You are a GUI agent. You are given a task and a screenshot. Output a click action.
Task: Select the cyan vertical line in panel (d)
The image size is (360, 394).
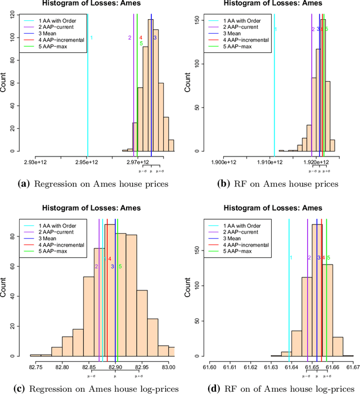(289, 298)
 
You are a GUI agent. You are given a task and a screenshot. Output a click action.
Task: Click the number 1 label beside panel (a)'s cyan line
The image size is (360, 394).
(92, 38)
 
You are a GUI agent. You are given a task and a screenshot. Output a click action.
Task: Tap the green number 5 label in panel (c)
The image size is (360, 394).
(120, 266)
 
